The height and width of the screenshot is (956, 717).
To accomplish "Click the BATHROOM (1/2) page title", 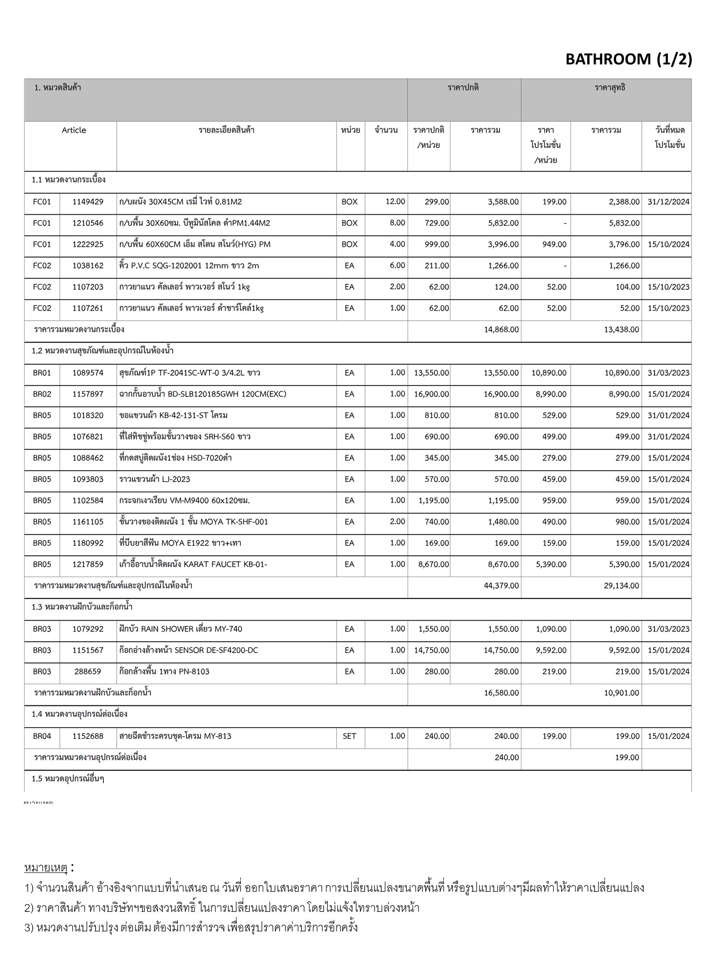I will pyautogui.click(x=628, y=59).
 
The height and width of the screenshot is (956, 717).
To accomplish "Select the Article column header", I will pyautogui.click(x=74, y=130).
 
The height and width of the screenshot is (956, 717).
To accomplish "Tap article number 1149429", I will pyautogui.click(x=88, y=202).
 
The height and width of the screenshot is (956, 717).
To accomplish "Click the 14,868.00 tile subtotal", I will pyautogui.click(x=501, y=330).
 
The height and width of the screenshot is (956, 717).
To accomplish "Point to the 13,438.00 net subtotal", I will pyautogui.click(x=621, y=330).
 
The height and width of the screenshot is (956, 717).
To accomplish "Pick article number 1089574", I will pyautogui.click(x=88, y=373).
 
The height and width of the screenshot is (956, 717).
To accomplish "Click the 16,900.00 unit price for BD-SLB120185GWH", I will pyautogui.click(x=431, y=394).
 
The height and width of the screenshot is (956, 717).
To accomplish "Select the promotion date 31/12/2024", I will pyautogui.click(x=668, y=202).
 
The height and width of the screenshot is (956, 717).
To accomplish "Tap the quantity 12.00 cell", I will pyautogui.click(x=395, y=202).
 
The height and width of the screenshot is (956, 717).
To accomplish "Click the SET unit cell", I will pyautogui.click(x=349, y=736).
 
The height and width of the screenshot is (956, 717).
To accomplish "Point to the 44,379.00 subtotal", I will pyautogui.click(x=501, y=586).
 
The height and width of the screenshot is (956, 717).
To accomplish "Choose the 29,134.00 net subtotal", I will pyautogui.click(x=621, y=586).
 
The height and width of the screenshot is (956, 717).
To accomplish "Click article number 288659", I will pyautogui.click(x=88, y=672).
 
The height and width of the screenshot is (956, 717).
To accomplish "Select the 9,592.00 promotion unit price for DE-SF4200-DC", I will pyautogui.click(x=551, y=650).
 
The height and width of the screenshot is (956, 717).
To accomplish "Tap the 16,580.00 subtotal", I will pyautogui.click(x=501, y=693).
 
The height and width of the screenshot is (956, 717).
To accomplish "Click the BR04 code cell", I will pyautogui.click(x=42, y=736).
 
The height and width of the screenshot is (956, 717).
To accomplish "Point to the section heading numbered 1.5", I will pyautogui.click(x=68, y=779).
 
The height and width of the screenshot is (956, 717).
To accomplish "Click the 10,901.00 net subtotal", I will pyautogui.click(x=621, y=693).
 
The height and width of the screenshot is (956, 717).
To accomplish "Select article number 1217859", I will pyautogui.click(x=88, y=564).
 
